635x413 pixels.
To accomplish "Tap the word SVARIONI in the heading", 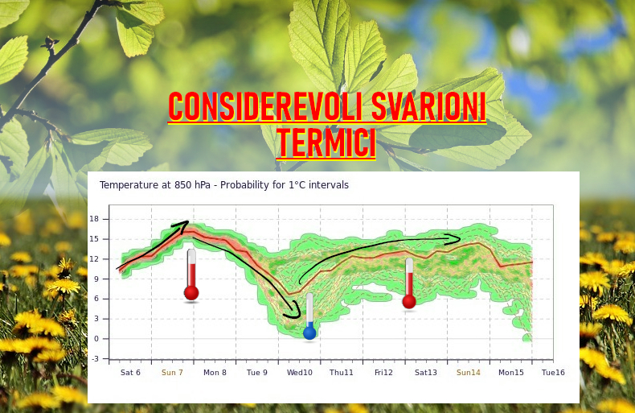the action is tap(428, 107).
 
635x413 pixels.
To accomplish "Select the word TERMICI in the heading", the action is tap(326, 143).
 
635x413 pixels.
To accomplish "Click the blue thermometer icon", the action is tap(309, 316).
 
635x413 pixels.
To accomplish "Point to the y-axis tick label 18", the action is tap(94, 219).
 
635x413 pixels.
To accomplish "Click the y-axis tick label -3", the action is tap(95, 358).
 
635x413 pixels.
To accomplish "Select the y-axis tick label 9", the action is tap(96, 279).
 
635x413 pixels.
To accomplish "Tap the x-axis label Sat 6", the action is tap(130, 373).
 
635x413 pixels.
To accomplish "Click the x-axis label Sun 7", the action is tap(172, 373).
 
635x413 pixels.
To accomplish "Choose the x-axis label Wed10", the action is tap(300, 373).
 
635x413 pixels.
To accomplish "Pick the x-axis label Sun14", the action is tap(469, 373).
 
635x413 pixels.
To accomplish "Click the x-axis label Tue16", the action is tap(553, 373).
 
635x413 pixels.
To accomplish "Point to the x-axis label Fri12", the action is tap(383, 373).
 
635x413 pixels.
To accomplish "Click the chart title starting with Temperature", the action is tap(224, 185).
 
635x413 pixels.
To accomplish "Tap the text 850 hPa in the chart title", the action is tap(192, 185).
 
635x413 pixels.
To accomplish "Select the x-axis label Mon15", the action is tap(511, 373).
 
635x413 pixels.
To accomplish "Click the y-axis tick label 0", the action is tap(96, 339).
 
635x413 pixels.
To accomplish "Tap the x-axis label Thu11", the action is tap(342, 373).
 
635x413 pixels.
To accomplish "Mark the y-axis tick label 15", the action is tap(94, 239).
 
